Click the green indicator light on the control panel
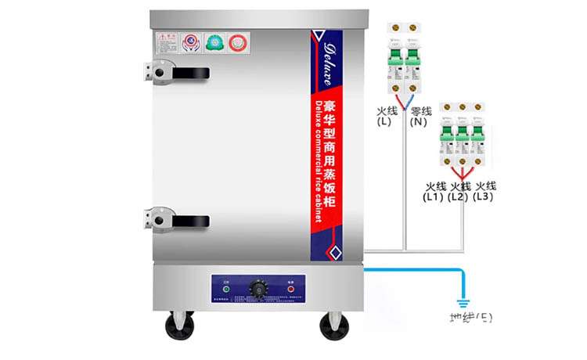pyautogui.click(x=227, y=288)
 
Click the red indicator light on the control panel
pyautogui.click(x=290, y=288)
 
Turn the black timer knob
pyautogui.click(x=258, y=289)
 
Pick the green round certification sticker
pyautogui.click(x=214, y=43)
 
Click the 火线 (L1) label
pyautogui.click(x=434, y=192)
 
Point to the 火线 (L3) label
pyautogui.click(x=484, y=192)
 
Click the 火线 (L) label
pyautogui.click(x=386, y=117)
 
